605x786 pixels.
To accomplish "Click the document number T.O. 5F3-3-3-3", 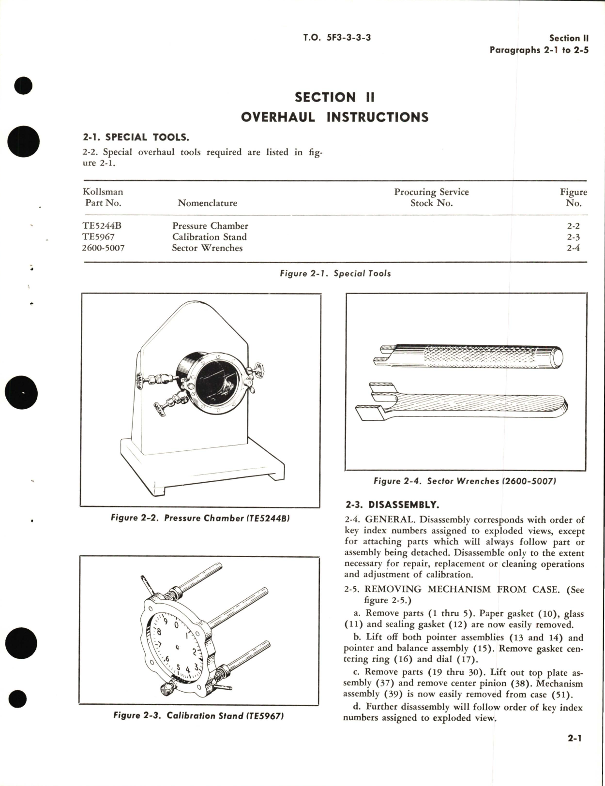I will [x=337, y=37].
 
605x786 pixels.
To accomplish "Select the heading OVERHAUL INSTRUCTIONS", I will [x=334, y=117].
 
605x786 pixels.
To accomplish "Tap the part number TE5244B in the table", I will [x=105, y=226].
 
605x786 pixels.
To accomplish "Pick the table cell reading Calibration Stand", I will [x=209, y=237].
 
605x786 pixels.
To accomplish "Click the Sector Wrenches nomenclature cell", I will [x=207, y=248].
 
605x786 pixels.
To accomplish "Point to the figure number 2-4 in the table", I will [x=573, y=248].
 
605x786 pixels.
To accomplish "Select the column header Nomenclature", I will [x=207, y=203].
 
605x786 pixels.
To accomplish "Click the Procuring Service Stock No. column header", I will [x=431, y=197].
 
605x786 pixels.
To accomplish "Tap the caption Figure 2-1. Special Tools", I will [x=335, y=273].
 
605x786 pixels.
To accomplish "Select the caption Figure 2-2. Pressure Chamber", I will [x=200, y=518].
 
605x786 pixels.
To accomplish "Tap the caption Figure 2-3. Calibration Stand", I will [x=198, y=715].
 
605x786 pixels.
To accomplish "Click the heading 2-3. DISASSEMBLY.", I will [x=392, y=505].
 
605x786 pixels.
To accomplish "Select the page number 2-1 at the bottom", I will [x=575, y=738].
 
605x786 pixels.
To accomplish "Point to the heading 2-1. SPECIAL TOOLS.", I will [x=136, y=137].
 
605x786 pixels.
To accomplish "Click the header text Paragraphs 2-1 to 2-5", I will [x=539, y=50].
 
